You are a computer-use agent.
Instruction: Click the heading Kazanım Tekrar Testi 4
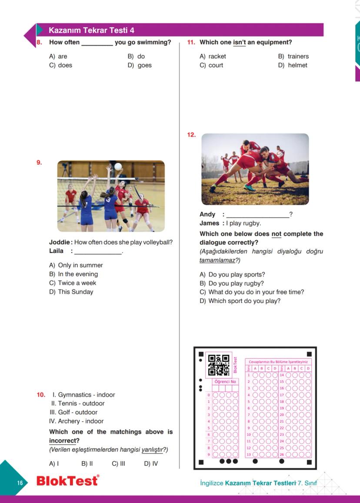[91, 30]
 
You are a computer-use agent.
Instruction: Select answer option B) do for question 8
[136, 57]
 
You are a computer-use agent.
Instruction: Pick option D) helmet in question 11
[293, 65]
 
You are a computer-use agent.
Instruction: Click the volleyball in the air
[118, 167]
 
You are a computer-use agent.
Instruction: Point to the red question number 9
[39, 163]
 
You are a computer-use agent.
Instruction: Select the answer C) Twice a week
[73, 283]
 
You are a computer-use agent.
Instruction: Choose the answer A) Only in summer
[76, 265]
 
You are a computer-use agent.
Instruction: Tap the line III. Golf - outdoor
[73, 412]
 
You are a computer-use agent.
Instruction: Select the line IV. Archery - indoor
[76, 421]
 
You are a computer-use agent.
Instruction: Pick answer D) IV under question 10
[151, 463]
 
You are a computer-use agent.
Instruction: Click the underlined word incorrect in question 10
[62, 441]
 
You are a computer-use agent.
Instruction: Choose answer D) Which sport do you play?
[240, 301]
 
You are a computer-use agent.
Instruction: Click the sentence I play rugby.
[243, 223]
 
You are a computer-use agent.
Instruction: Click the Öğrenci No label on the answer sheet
[225, 381]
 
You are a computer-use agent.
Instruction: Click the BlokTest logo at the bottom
[67, 481]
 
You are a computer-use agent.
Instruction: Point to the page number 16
[20, 483]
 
